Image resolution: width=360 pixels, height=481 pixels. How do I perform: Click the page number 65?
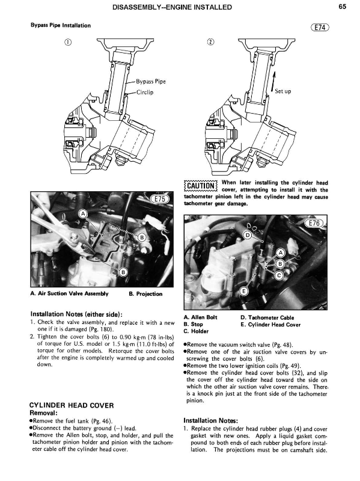coord(343,7)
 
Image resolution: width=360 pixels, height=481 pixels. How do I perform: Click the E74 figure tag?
coord(320,27)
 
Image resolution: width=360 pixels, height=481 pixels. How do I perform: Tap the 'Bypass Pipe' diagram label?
coord(151,82)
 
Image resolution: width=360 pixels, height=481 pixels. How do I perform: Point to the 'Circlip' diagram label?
coord(145,92)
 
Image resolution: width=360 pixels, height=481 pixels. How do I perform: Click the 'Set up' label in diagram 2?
coord(282,91)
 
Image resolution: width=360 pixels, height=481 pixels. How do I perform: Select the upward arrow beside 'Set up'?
coord(273,82)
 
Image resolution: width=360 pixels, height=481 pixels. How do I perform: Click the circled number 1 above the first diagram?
coord(68,42)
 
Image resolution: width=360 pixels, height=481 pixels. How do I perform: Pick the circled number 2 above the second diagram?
coord(210,42)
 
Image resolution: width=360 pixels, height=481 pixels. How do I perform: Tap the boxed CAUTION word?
coord(201,186)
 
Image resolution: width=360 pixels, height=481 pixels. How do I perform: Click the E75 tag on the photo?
coord(159,199)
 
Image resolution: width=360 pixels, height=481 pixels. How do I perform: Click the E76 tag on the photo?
coord(314,223)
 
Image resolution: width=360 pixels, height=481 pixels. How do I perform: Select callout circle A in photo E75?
coord(83,214)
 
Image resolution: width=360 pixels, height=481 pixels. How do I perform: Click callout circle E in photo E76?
coord(244,291)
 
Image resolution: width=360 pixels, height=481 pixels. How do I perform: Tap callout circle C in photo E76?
coord(279,275)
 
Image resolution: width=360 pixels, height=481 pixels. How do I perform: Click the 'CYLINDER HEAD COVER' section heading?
coord(72,405)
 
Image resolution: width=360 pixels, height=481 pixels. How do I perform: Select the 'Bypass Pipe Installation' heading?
coord(61,25)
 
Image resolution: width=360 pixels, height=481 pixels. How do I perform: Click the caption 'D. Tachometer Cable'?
coord(267,318)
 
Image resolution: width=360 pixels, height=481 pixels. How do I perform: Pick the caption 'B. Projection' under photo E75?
coord(145,294)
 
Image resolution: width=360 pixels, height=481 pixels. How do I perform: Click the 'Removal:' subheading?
coord(43,413)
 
